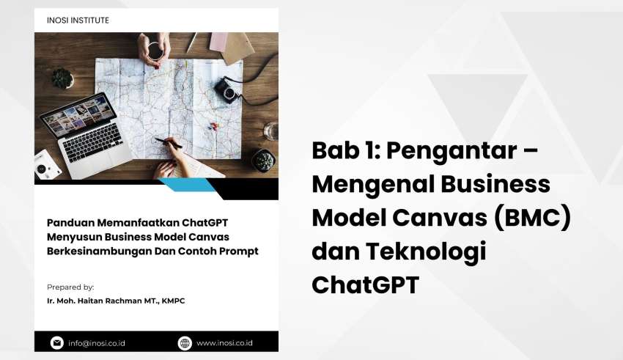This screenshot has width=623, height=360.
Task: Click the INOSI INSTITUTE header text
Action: tap(78, 21)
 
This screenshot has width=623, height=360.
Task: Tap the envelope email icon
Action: tap(57, 342)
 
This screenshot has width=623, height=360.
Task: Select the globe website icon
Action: tap(185, 343)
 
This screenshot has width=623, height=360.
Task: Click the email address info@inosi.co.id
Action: tap(97, 343)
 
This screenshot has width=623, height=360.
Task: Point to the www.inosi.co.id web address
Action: tap(224, 343)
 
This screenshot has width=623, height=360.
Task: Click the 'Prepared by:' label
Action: tap(70, 287)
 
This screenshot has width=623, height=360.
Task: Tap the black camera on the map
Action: tap(227, 89)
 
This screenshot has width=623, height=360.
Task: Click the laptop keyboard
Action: tap(92, 142)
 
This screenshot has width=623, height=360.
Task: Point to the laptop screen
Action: tap(78, 114)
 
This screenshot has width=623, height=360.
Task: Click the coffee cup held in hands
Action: tap(155, 51)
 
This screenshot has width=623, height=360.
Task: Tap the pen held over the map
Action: tap(168, 143)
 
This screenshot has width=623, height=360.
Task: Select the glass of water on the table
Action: tap(271, 131)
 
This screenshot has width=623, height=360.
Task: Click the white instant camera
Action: tap(46, 165)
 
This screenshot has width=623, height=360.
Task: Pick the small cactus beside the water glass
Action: tap(262, 160)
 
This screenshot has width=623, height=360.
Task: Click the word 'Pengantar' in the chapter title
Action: tap(451, 151)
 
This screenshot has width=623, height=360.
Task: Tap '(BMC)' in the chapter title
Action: tap(532, 217)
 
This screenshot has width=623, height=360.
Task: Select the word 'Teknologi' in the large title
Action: tap(426, 252)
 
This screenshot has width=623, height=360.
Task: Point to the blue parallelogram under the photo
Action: tap(186, 185)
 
